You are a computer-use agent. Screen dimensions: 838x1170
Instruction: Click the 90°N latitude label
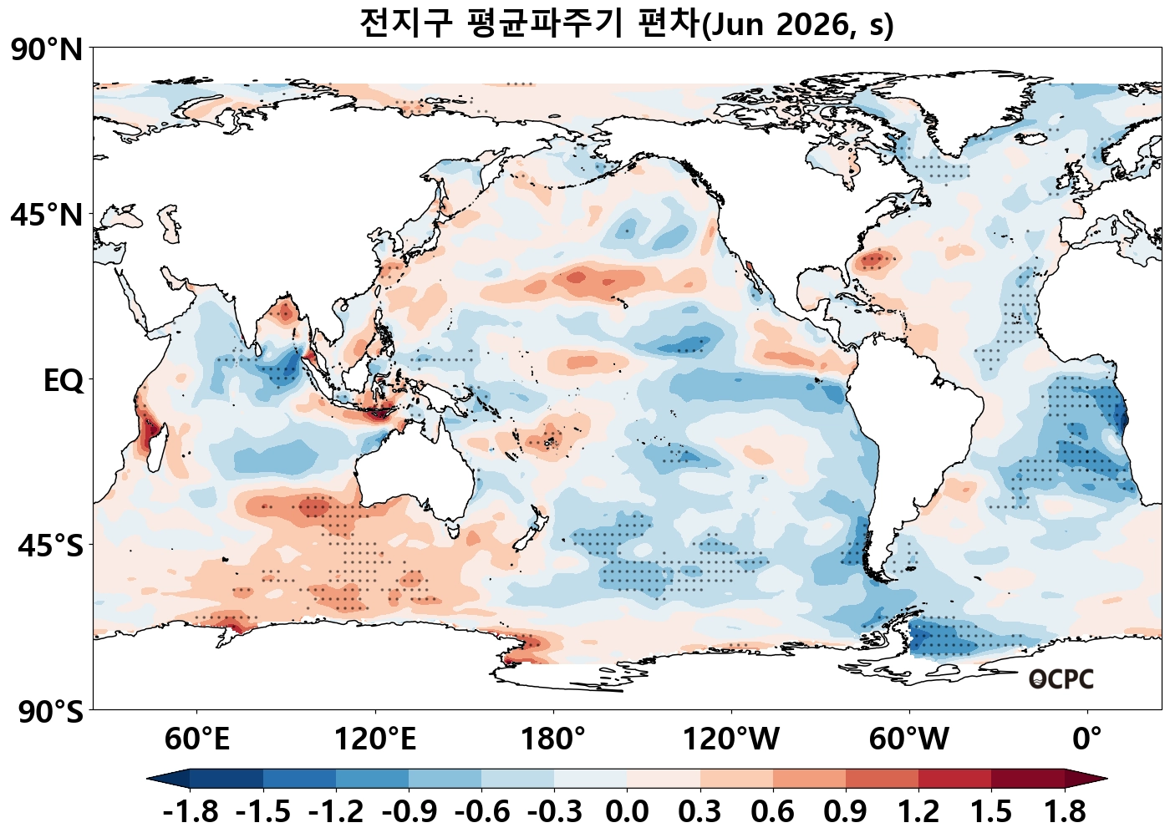click(47, 49)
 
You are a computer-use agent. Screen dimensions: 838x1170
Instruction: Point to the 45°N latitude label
click(47, 215)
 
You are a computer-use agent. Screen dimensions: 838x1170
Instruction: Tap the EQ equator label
click(64, 381)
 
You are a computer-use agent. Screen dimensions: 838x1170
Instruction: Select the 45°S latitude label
click(50, 546)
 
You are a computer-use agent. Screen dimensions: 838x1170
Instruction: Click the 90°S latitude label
click(50, 712)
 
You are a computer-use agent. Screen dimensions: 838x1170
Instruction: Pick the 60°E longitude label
click(196, 739)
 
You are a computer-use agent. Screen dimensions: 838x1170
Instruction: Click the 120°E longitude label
click(375, 739)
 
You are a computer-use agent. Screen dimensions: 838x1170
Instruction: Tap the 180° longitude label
click(553, 739)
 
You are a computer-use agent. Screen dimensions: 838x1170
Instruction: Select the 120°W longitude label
click(731, 739)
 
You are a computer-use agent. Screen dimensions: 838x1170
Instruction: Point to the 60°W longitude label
click(909, 739)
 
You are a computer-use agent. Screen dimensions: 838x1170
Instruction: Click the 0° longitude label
click(1087, 739)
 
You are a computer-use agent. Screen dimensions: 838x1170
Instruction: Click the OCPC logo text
click(1061, 679)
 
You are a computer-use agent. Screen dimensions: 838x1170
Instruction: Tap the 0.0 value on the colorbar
click(628, 811)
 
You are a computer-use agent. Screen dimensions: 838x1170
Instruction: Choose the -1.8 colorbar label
click(191, 811)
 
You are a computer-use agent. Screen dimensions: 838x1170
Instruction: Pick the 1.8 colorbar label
click(1065, 811)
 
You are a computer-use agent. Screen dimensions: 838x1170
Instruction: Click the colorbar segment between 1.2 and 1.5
click(955, 779)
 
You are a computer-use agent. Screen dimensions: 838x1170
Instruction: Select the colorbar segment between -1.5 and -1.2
click(299, 779)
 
